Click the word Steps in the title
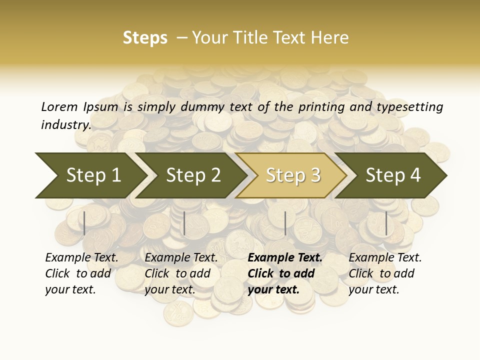(145, 38)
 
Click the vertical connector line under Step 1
(84, 223)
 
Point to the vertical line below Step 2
(184, 223)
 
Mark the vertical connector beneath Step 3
(285, 223)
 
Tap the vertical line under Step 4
(386, 223)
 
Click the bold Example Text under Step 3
(285, 273)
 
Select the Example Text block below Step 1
(81, 273)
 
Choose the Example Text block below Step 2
(181, 273)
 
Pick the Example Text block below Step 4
(385, 273)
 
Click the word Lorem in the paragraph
(59, 107)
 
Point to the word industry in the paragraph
(65, 124)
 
